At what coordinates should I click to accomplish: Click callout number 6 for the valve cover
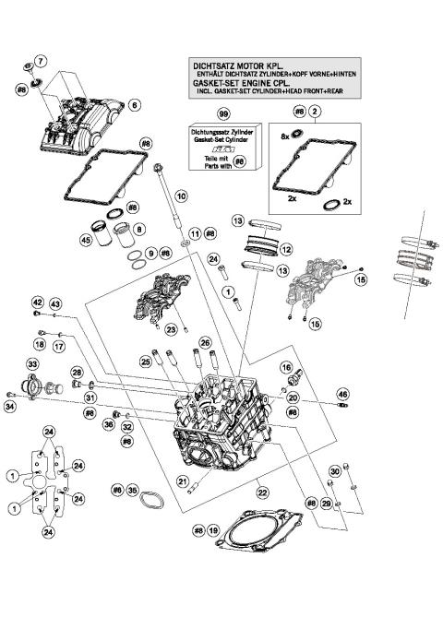point(134,106)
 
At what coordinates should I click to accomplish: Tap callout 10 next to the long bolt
point(181,196)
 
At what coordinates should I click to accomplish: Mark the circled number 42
point(38,303)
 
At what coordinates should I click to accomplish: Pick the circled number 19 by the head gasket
point(214,531)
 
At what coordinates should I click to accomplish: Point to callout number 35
point(132,491)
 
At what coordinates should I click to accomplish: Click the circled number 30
point(335,470)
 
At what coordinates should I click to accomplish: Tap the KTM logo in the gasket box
point(221,148)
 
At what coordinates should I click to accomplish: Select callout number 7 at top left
point(40,61)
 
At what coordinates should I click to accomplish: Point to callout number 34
point(11,405)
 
